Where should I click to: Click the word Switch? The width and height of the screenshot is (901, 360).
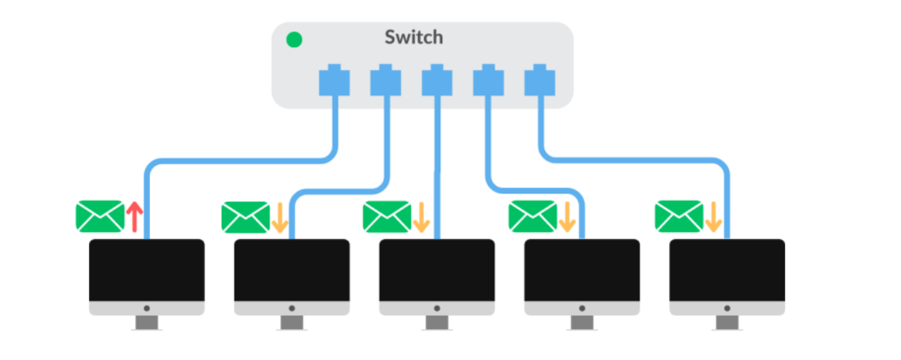pyautogui.click(x=414, y=38)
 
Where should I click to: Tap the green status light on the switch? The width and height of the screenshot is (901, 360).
pyautogui.click(x=294, y=39)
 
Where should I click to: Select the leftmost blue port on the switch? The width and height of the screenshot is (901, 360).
pyautogui.click(x=334, y=80)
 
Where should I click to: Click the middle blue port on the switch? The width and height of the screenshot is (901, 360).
pyautogui.click(x=437, y=80)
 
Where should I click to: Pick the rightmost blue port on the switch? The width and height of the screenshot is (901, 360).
pyautogui.click(x=540, y=80)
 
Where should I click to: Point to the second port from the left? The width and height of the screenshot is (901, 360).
pyautogui.click(x=385, y=80)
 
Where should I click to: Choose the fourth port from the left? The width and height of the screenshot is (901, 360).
pyautogui.click(x=489, y=80)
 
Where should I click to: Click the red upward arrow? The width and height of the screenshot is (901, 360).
pyautogui.click(x=134, y=216)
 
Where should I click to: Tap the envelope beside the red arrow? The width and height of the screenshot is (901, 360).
pyautogui.click(x=100, y=216)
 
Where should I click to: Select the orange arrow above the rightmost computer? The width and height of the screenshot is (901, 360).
pyautogui.click(x=713, y=217)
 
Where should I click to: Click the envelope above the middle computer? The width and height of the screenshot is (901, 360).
pyautogui.click(x=387, y=217)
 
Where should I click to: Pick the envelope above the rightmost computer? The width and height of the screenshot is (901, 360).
pyautogui.click(x=679, y=216)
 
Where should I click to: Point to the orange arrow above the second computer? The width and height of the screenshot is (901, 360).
pyautogui.click(x=280, y=218)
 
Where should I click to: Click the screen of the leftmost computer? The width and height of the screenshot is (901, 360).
pyautogui.click(x=146, y=270)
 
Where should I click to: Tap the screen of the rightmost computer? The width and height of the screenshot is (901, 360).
pyautogui.click(x=727, y=270)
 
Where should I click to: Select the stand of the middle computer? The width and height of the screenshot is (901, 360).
pyautogui.click(x=437, y=322)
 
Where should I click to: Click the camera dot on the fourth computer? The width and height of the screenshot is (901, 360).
pyautogui.click(x=582, y=309)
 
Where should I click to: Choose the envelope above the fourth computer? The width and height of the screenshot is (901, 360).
pyautogui.click(x=533, y=216)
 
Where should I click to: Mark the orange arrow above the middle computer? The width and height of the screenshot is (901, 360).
pyautogui.click(x=422, y=217)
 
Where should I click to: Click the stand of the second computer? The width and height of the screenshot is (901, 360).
pyautogui.click(x=292, y=322)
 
